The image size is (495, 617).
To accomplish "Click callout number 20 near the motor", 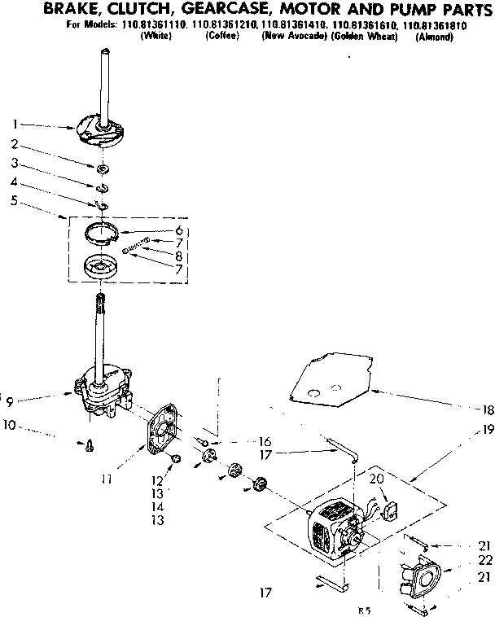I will [376, 479].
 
